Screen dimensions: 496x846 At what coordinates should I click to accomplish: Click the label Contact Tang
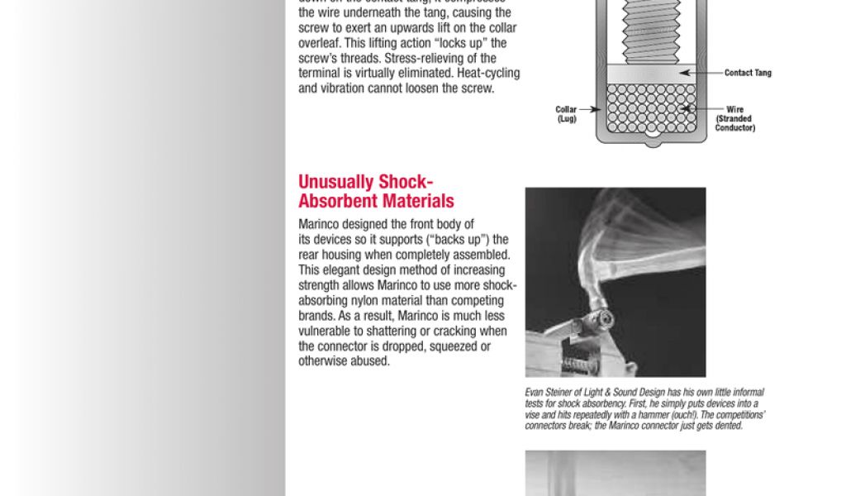click(x=748, y=73)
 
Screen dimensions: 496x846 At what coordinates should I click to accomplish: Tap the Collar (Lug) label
click(x=566, y=114)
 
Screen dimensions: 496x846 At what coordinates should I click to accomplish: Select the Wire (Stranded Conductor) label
click(x=734, y=118)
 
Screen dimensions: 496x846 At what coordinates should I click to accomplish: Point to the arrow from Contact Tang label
click(x=702, y=73)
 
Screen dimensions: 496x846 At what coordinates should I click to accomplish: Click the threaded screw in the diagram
click(x=647, y=33)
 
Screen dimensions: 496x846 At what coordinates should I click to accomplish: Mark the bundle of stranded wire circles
click(x=647, y=108)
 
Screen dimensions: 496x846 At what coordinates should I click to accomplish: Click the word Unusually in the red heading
click(x=336, y=182)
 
